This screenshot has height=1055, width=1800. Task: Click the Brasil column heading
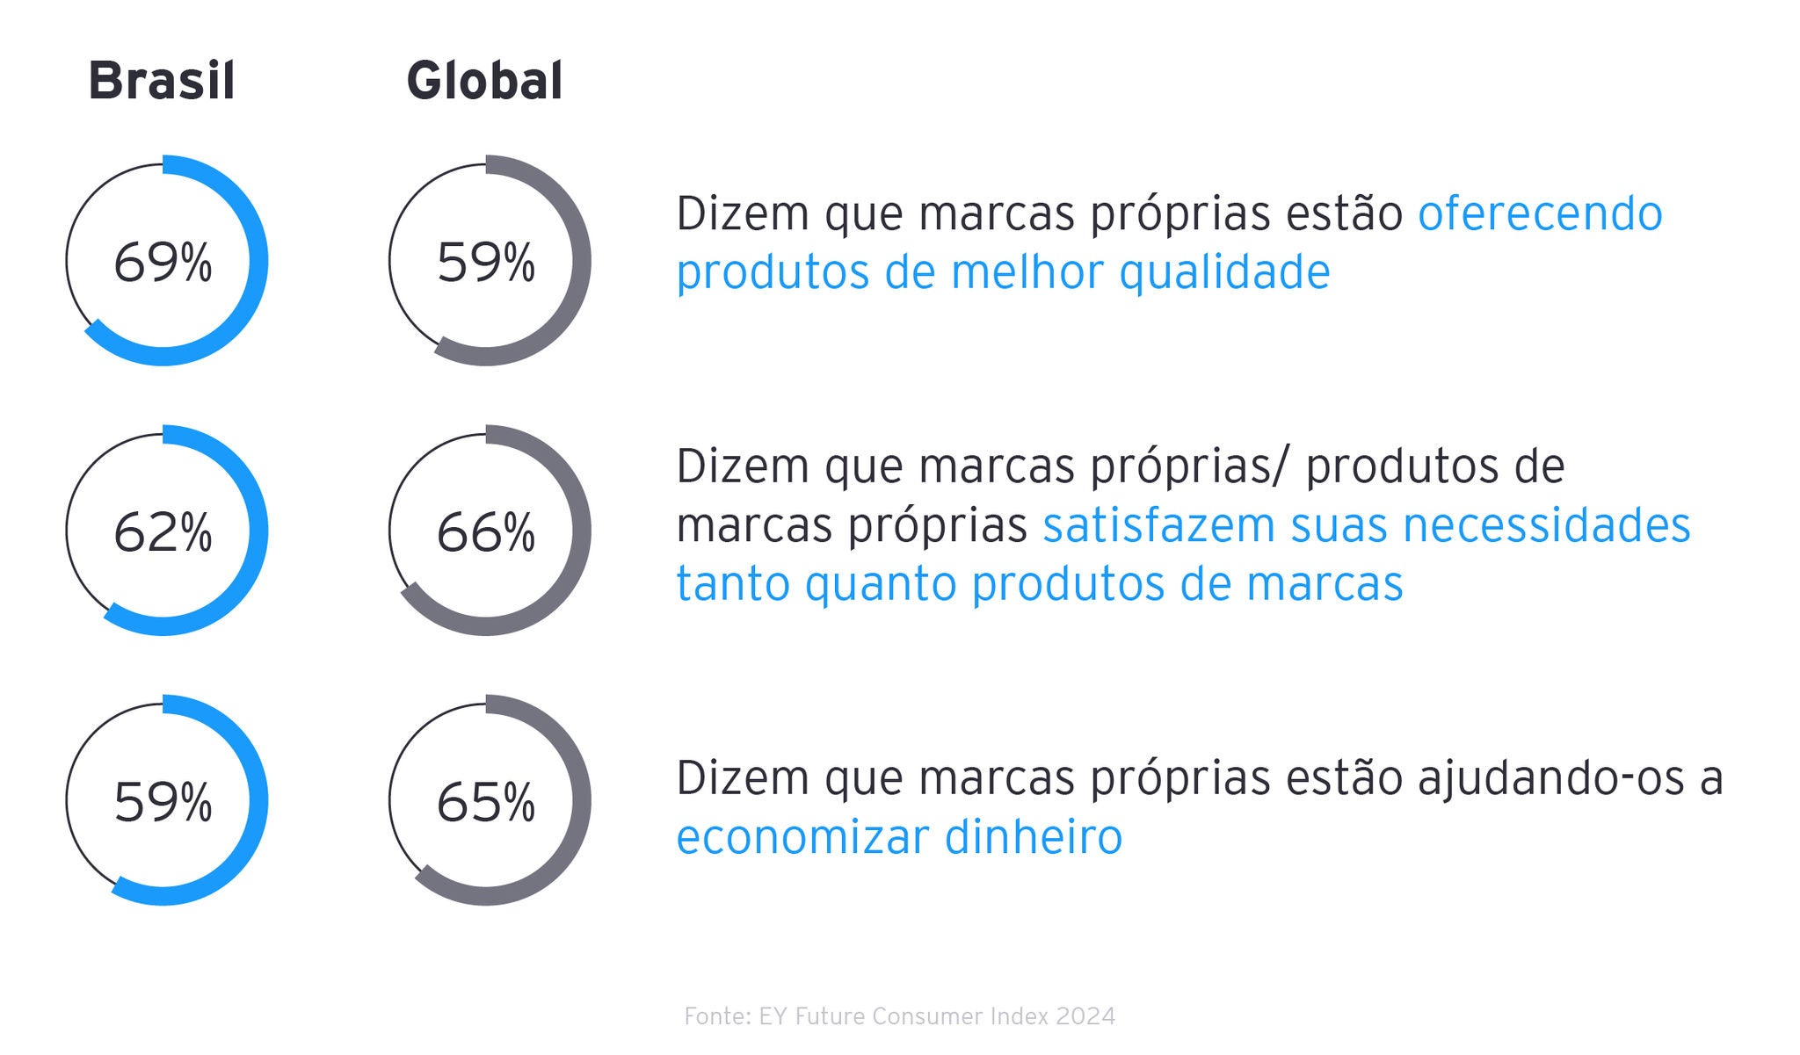[162, 81]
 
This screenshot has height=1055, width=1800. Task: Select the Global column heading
[484, 81]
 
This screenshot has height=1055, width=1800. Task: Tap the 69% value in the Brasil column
[163, 262]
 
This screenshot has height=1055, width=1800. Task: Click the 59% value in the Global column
[486, 262]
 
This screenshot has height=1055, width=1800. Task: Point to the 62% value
[163, 532]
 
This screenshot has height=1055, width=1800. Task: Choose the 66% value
[486, 532]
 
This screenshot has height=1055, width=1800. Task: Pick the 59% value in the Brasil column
[163, 802]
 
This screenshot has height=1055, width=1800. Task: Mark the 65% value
[486, 802]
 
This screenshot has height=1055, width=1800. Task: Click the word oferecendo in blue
[1540, 213]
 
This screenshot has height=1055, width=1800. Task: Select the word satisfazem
[1158, 525]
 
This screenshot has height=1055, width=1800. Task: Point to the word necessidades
[1547, 525]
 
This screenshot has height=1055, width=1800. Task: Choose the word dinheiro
[1034, 836]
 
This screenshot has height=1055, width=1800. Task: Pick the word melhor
[1027, 272]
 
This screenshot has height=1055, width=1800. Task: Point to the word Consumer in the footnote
[924, 1016]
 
